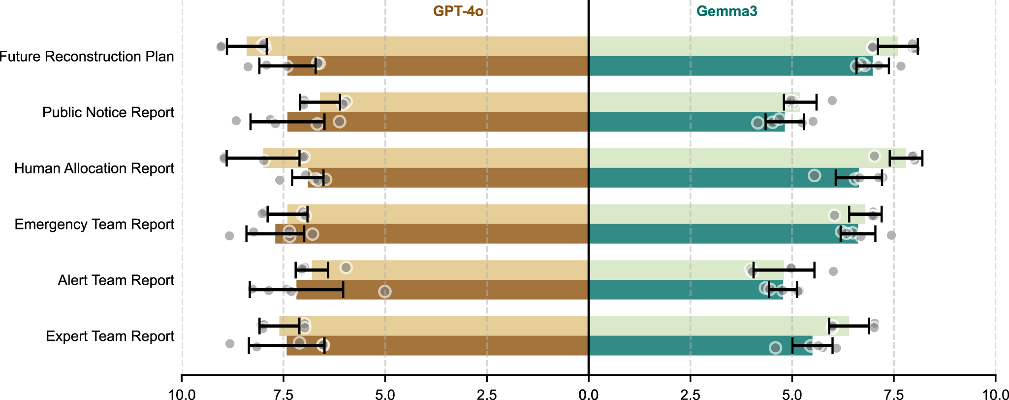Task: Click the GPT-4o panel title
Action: [458, 11]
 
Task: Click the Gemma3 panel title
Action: [726, 11]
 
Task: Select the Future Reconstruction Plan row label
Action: [87, 57]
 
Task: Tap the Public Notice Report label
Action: [108, 112]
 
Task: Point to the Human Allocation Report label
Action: [94, 168]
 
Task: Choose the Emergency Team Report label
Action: [95, 225]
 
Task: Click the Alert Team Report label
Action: [116, 280]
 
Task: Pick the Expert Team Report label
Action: [110, 336]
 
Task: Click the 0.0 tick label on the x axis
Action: [588, 394]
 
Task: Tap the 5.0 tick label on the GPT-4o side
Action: [385, 394]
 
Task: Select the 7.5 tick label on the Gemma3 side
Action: [893, 394]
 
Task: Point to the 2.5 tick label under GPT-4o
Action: [487, 394]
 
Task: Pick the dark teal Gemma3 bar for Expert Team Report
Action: [689, 346]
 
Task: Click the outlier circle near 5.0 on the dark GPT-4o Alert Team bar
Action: [385, 292]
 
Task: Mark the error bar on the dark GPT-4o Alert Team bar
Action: [296, 290]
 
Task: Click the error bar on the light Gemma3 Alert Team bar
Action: [784, 270]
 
